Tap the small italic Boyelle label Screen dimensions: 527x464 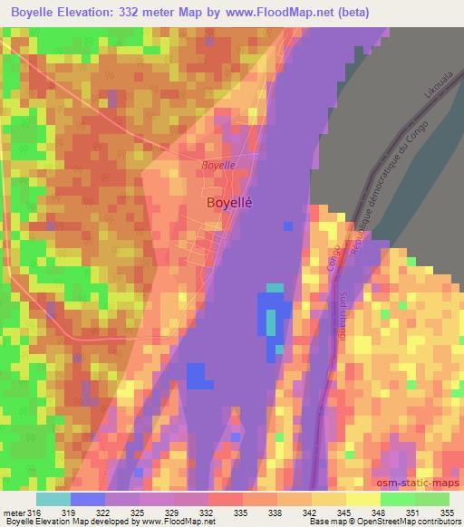point(218,166)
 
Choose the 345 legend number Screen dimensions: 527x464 point(330,512)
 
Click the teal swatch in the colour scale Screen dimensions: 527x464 point(53,499)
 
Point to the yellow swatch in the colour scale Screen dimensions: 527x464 point(363,499)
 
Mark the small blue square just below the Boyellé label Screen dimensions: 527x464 point(288,225)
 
